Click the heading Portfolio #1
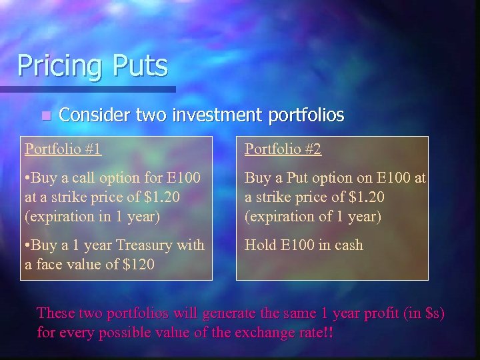point(63,149)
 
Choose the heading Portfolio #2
point(283,149)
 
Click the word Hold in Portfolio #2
point(259,245)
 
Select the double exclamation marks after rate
point(328,331)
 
